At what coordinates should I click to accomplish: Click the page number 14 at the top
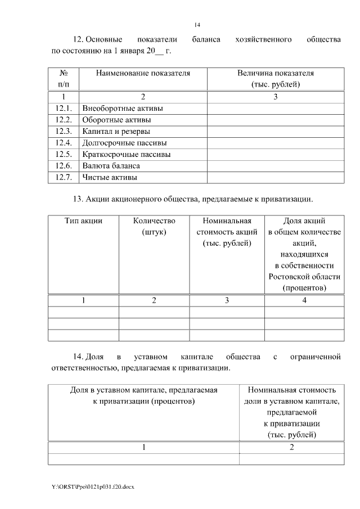pyautogui.click(x=197, y=25)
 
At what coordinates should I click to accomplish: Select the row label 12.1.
pyautogui.click(x=64, y=108)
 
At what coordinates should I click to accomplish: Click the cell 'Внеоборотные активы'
pyautogui.click(x=118, y=108)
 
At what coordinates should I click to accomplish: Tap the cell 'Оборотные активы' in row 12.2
pyautogui.click(x=116, y=120)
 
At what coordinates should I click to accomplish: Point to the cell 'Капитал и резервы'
pyautogui.click(x=116, y=131)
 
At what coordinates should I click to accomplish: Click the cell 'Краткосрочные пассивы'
pyautogui.click(x=126, y=154)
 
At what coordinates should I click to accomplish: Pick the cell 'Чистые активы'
pyautogui.click(x=110, y=177)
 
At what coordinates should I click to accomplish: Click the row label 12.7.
pyautogui.click(x=64, y=177)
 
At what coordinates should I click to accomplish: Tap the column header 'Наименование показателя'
pyautogui.click(x=143, y=73)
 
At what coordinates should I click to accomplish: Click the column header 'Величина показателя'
pyautogui.click(x=275, y=73)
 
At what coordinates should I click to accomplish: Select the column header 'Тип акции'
pyautogui.click(x=83, y=220)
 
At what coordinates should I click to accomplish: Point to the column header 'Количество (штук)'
pyautogui.click(x=154, y=226)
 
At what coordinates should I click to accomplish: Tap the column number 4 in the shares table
pyautogui.click(x=304, y=300)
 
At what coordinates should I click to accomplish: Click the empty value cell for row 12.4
pyautogui.click(x=275, y=143)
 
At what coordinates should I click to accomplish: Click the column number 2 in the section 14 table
pyautogui.click(x=291, y=447)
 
